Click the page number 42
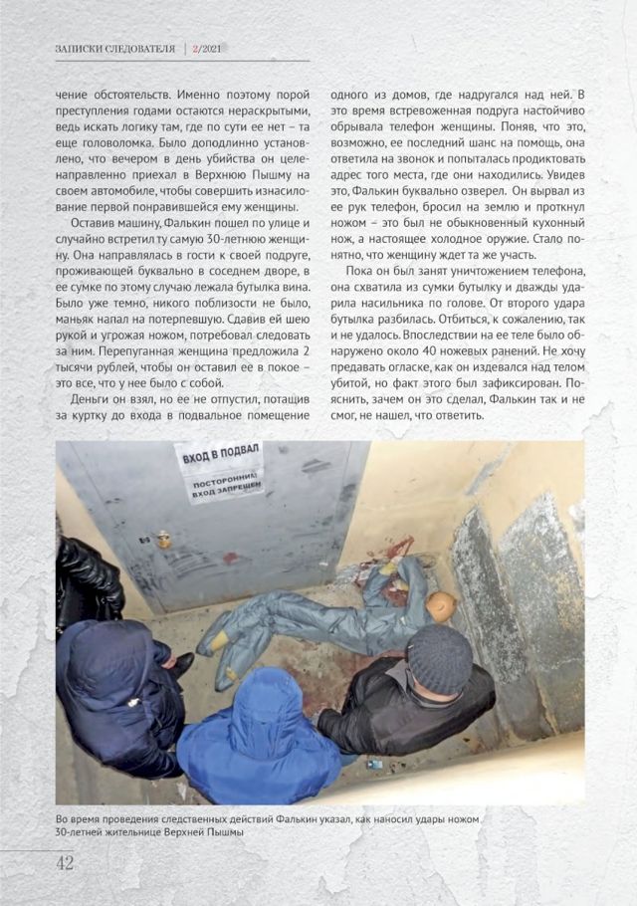coord(64,862)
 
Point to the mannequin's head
coord(439,604)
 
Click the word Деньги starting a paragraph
coord(81,397)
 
